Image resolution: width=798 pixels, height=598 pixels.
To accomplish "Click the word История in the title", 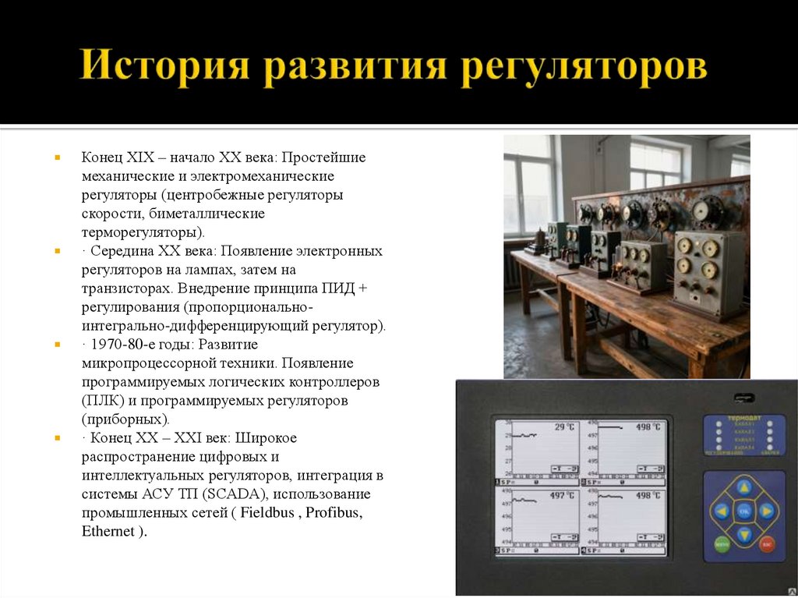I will [x=164, y=67].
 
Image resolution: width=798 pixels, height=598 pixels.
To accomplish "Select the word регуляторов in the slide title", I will [x=582, y=67].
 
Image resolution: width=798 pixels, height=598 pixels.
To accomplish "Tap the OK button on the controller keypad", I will [x=744, y=511].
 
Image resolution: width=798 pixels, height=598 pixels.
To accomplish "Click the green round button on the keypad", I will [x=722, y=543].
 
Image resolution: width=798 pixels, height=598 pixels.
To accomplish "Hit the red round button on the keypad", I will [x=767, y=543].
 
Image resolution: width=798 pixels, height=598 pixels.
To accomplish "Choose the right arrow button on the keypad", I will [x=768, y=511].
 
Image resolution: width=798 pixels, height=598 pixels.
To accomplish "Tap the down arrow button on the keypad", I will [x=744, y=535].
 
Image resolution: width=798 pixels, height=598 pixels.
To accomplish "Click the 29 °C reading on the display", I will [x=563, y=427].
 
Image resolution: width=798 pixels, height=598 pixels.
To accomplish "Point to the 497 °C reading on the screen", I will [x=562, y=495].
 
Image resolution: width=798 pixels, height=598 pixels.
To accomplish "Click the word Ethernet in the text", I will [x=108, y=532].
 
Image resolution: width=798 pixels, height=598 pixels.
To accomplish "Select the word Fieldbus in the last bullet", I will [x=269, y=513].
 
